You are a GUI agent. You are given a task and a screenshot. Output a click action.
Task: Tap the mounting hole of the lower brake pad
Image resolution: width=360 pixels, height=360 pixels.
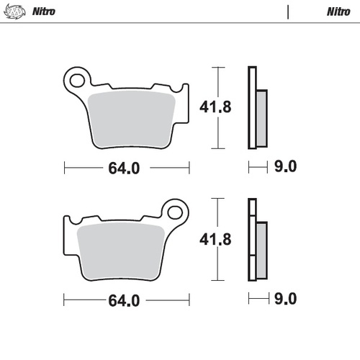click(175, 212)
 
